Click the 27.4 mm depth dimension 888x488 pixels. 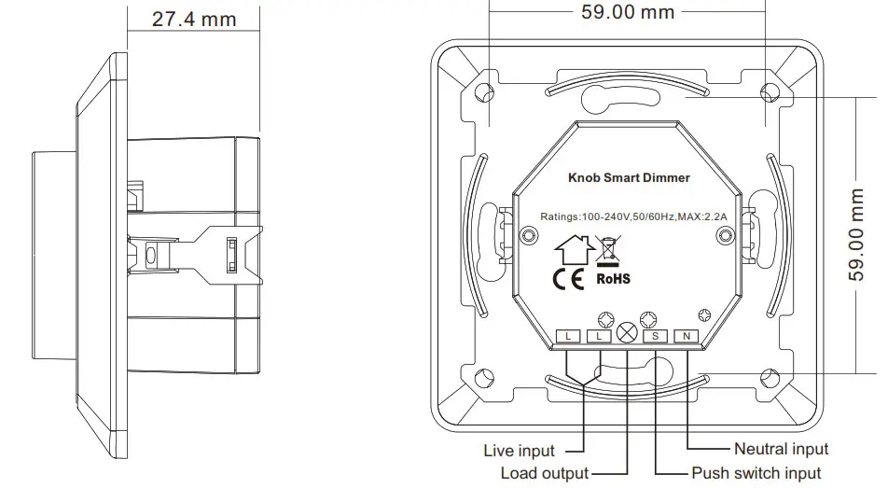(x=194, y=19)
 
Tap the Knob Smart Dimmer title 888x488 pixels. (x=629, y=177)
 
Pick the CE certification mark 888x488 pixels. (x=569, y=278)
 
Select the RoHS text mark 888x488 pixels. (x=613, y=278)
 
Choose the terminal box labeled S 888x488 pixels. (x=656, y=335)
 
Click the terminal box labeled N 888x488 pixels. (x=687, y=335)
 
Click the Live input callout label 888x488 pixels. (x=519, y=452)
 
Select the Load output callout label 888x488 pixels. (x=544, y=474)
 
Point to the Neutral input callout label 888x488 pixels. (x=781, y=450)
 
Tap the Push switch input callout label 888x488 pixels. (x=756, y=474)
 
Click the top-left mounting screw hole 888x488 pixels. (x=484, y=92)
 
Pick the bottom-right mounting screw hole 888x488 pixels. (x=770, y=378)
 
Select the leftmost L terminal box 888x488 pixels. (x=568, y=335)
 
